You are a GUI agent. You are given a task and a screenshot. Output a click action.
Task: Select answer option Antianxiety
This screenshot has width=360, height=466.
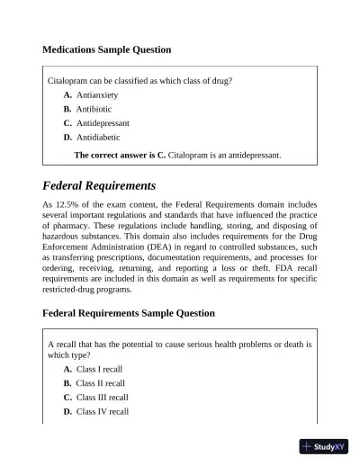[97, 94]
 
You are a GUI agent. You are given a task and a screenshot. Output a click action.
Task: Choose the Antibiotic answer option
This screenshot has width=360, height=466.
[94, 109]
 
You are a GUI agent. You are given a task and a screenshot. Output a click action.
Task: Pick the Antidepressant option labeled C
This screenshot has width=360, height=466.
[103, 123]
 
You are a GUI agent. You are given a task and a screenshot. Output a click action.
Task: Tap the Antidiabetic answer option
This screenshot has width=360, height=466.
[99, 138]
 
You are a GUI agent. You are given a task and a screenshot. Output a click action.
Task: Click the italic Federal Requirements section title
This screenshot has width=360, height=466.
[99, 186]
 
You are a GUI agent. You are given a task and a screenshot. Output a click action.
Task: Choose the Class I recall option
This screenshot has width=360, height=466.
[100, 369]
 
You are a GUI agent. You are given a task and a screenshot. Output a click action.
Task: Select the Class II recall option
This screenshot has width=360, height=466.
[101, 383]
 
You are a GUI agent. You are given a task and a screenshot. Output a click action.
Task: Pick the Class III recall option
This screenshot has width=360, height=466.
[103, 397]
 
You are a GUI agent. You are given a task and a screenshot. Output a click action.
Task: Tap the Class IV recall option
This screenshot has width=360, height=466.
[103, 411]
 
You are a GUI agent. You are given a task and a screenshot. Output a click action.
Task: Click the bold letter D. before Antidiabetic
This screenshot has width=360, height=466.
[67, 138]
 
